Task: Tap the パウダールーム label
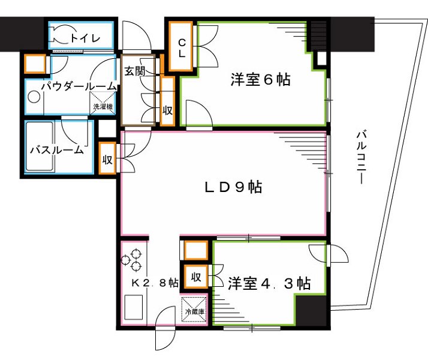[x=79, y=86]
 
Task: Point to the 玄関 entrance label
[x=134, y=70]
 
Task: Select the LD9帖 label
[x=233, y=187]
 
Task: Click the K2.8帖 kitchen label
[x=154, y=282]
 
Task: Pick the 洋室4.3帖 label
[x=269, y=283]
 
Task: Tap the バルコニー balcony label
[x=361, y=157]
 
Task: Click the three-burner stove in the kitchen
[x=132, y=260]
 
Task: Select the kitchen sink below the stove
[x=133, y=308]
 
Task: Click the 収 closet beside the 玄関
[x=167, y=101]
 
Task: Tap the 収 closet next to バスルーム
[x=107, y=160]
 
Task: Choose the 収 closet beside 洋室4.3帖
[x=195, y=277]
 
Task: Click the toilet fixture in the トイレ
[x=61, y=36]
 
